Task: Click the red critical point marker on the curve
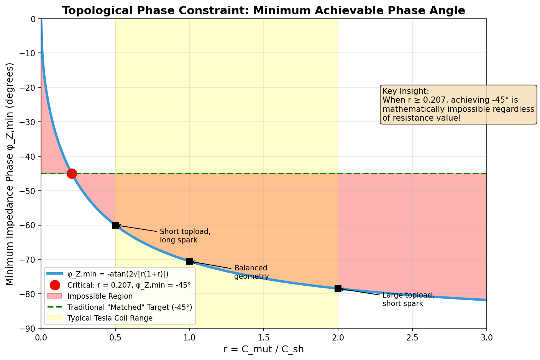coord(72,173)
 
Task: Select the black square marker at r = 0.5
coord(115,225)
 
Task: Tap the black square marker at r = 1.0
coord(190,261)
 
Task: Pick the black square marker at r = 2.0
coord(338,288)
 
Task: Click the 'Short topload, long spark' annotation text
coord(185,236)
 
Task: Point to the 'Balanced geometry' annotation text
coord(251,272)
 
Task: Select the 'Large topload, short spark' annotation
coord(408,299)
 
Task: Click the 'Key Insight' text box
coord(458,104)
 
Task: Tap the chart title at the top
coord(263,10)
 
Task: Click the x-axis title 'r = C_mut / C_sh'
coord(263,349)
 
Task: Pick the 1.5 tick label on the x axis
coord(264,337)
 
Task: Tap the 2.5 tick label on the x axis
coord(412,337)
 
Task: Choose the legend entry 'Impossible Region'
coord(100,296)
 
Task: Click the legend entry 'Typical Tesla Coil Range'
coord(110,318)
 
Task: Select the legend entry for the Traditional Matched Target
coord(130,307)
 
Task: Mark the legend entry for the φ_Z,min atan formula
coord(118,274)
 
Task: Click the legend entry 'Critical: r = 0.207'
coord(129,285)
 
